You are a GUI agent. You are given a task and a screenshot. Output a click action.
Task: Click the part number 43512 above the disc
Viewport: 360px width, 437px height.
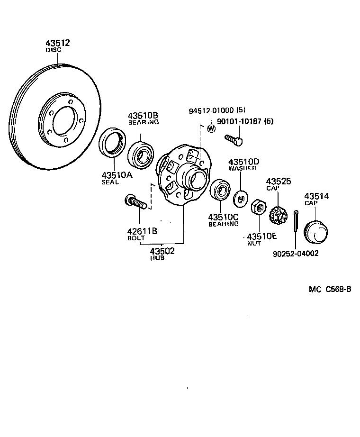tap(58, 43)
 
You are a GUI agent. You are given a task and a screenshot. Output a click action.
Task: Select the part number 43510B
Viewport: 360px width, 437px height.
tap(143, 116)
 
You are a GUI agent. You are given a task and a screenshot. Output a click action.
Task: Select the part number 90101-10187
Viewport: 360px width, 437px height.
tap(240, 121)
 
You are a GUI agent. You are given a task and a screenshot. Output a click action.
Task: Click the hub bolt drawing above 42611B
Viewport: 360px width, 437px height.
tap(134, 202)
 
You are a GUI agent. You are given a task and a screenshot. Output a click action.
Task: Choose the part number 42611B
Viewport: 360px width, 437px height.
tap(142, 231)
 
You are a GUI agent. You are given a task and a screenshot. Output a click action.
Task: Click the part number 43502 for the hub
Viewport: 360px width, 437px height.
tap(162, 251)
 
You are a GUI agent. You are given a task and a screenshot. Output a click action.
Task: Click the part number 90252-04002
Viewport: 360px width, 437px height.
tap(296, 253)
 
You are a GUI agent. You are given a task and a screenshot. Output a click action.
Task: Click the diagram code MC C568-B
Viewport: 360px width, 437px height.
tap(330, 290)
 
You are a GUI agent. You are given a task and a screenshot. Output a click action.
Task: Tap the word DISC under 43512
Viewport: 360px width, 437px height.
tap(54, 50)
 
